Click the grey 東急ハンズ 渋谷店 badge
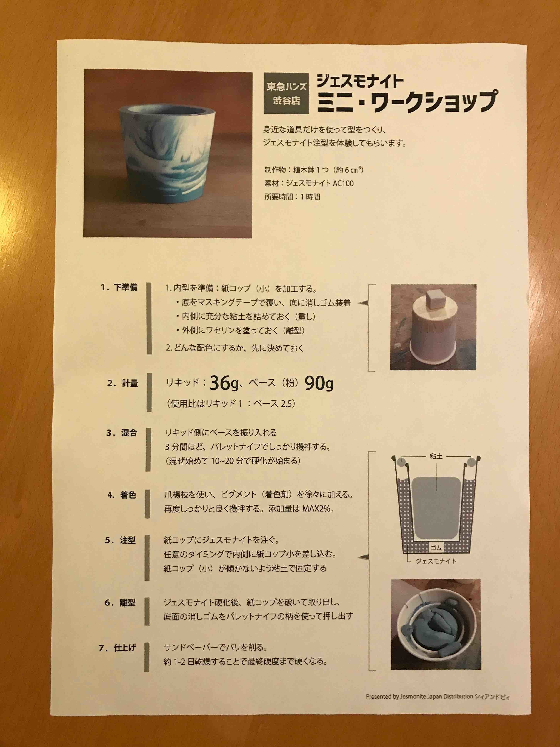coord(286,94)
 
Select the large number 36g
coord(224,383)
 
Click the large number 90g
coord(319,383)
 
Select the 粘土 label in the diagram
coord(436,456)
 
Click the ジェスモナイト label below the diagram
coord(436,561)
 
